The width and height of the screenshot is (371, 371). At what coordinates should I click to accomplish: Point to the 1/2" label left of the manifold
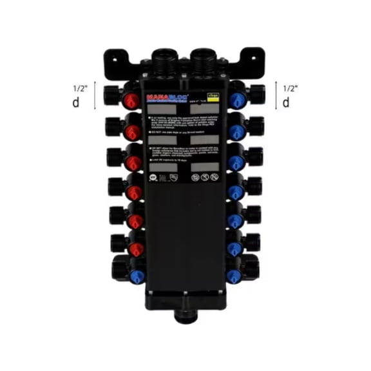point(80,86)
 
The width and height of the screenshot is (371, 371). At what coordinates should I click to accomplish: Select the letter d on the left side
point(77,102)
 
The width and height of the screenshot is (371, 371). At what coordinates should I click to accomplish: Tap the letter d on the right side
point(285,102)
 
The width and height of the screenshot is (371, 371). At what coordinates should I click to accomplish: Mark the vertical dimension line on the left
point(96,95)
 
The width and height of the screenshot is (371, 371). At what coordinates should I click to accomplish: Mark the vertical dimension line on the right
point(276,95)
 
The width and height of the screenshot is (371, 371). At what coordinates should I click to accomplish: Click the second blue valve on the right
point(236,131)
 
